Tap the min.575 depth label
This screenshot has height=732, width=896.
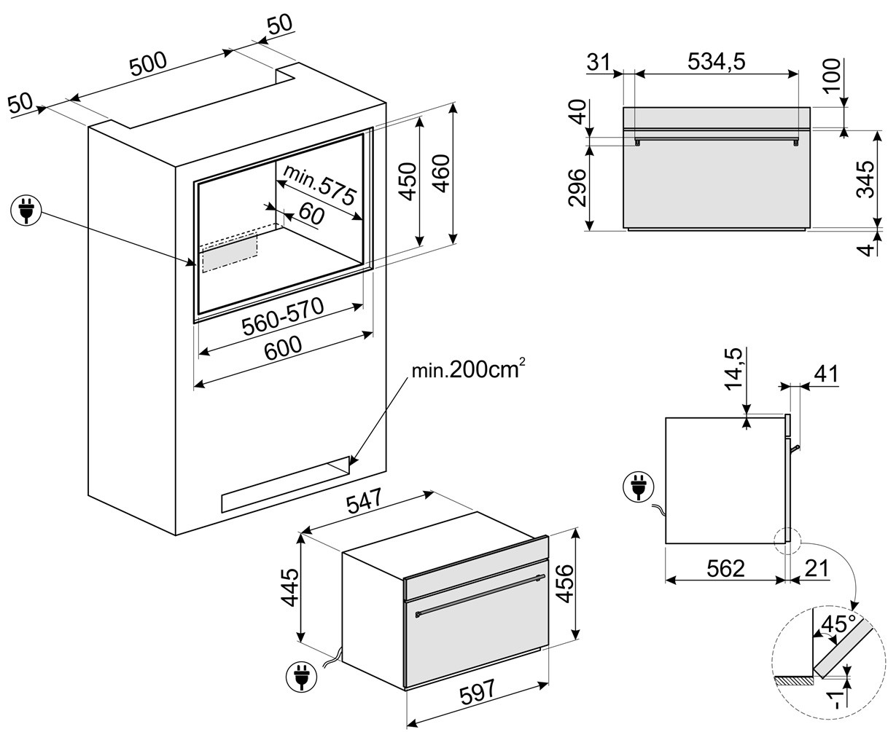319,186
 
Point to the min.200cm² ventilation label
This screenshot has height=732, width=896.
467,370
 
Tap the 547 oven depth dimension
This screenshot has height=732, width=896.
365,503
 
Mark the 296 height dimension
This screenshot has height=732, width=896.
577,188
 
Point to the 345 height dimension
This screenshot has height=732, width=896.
865,179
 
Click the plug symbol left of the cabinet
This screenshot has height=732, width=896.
26,210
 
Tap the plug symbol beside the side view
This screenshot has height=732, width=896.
639,489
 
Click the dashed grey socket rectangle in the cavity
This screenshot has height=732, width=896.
230,252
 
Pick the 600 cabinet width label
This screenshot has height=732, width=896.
283,347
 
